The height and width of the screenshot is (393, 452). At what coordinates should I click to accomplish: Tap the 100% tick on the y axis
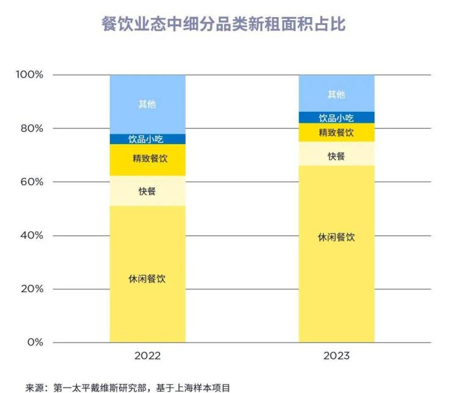point(30,75)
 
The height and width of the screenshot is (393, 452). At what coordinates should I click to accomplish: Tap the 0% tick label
point(35,342)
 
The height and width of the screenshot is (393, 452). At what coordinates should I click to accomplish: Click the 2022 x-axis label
point(147,356)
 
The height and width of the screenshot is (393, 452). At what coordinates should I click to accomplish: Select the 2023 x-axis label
point(336,356)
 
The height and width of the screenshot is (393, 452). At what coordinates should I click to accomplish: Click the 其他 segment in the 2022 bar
point(147,104)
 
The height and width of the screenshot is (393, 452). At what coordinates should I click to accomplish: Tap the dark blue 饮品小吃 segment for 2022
point(147,139)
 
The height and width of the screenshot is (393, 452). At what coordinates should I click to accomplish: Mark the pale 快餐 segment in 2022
point(147,191)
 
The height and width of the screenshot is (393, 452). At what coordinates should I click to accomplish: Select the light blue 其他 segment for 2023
point(336,94)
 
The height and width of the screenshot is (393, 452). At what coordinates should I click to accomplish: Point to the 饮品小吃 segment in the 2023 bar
point(336,117)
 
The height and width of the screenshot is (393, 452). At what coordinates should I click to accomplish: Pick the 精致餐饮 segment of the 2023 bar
point(336,133)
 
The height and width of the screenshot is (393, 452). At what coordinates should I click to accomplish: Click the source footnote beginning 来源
point(128,387)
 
